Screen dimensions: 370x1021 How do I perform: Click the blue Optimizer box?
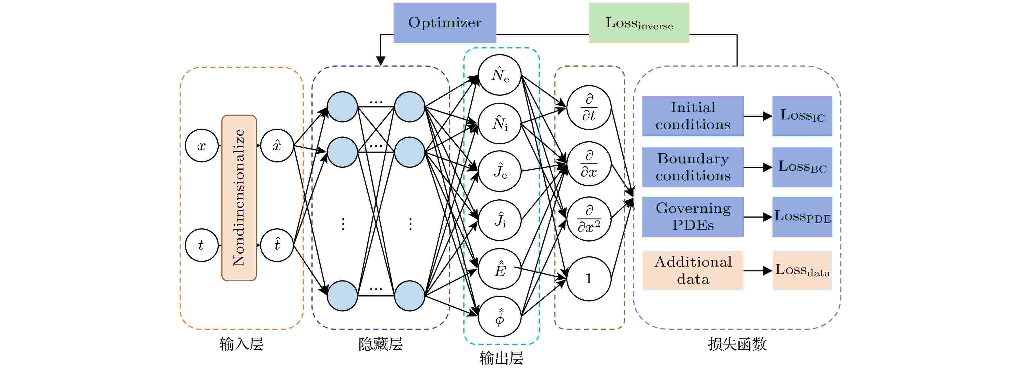click(x=444, y=23)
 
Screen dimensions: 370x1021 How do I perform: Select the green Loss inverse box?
click(x=639, y=23)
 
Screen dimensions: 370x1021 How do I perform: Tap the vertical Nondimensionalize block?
click(x=239, y=198)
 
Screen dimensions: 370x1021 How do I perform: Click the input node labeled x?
click(x=202, y=146)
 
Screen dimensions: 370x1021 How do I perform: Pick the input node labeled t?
click(x=202, y=245)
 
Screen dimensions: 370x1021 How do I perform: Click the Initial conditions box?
click(x=693, y=116)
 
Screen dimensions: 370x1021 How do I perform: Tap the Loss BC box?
click(x=802, y=167)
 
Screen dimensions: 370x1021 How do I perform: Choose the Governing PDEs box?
click(x=693, y=217)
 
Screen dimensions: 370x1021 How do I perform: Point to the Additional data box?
click(x=693, y=270)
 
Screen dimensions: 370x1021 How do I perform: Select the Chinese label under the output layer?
click(x=501, y=358)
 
